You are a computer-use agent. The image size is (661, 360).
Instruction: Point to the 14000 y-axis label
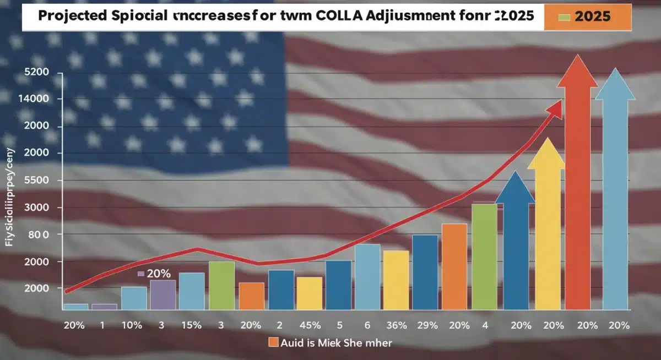pos(35,99)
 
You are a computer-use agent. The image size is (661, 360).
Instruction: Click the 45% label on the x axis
pos(309,325)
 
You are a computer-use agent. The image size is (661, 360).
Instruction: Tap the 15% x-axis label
pos(191,325)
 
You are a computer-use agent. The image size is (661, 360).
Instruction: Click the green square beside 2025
pos(564,17)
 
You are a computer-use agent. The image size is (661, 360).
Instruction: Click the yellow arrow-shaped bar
pos(546,231)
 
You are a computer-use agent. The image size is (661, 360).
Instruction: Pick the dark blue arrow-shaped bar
pos(515,248)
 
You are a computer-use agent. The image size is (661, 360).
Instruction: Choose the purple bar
pos(162,294)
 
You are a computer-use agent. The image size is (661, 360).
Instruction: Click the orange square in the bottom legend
pos(273,342)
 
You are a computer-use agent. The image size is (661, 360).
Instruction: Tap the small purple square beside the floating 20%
pos(140,273)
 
